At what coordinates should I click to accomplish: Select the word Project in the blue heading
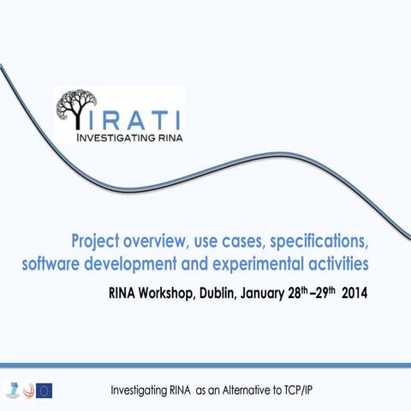[99, 237]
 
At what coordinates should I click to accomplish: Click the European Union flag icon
[45, 390]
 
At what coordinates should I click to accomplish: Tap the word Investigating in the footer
[144, 391]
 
